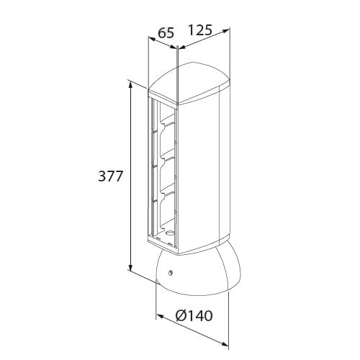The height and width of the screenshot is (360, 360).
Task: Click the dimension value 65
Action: point(166,33)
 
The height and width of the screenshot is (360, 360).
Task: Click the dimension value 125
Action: point(200,30)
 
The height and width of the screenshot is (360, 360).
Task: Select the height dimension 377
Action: point(110,176)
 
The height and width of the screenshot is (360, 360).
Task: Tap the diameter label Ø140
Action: point(194,316)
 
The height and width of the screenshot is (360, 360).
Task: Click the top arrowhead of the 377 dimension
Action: point(130,85)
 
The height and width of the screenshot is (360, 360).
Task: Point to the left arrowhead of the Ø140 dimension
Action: point(160,317)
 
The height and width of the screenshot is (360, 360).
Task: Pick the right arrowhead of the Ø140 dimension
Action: point(225,344)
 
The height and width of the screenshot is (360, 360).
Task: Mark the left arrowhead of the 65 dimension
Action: point(152,39)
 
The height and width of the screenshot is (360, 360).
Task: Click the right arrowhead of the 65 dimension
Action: point(173,48)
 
